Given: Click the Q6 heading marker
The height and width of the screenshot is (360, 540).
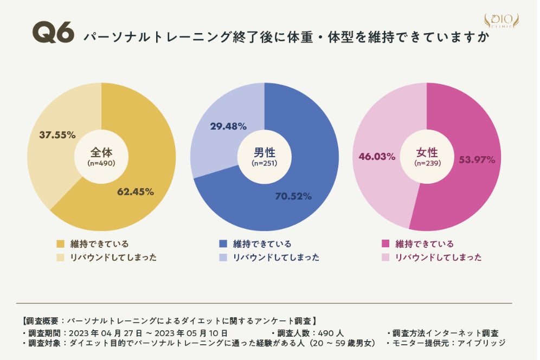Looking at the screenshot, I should click(x=53, y=34).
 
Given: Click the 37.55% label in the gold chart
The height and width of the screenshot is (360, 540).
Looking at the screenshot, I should click(x=57, y=135).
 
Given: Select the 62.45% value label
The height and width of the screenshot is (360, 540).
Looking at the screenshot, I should click(x=136, y=191).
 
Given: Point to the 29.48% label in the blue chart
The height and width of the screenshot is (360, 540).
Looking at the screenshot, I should click(x=228, y=126).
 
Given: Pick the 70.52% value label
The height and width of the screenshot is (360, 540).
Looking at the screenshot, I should click(x=293, y=196).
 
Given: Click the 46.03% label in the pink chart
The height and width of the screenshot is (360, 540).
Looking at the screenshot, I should click(x=377, y=157).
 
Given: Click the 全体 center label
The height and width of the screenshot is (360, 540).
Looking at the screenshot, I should click(x=101, y=152).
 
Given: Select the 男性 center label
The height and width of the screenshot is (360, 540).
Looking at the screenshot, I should click(x=264, y=152).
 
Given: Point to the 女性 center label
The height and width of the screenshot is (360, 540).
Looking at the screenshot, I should click(x=427, y=152).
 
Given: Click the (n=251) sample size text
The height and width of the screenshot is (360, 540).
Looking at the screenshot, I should click(x=265, y=163).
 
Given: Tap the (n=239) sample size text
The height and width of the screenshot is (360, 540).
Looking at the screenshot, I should click(x=427, y=163).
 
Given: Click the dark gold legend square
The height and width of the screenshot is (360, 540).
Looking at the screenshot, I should click(x=60, y=244).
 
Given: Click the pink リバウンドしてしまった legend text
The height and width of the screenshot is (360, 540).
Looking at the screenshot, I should click(x=438, y=258).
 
